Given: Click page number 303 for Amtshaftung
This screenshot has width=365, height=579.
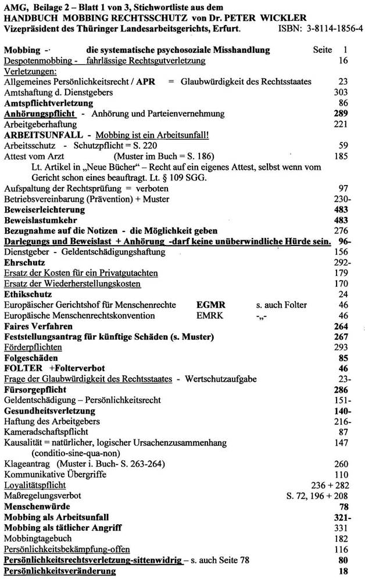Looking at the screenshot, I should click(341, 92).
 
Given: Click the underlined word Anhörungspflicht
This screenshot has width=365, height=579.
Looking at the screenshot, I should click(39, 113).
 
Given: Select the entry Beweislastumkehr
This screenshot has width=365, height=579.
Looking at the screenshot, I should click(41, 221).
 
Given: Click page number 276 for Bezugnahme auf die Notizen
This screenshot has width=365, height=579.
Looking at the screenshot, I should click(341, 231).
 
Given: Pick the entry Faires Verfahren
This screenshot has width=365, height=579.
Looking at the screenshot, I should click(39, 326).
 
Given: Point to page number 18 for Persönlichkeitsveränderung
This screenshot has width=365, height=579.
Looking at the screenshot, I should click(343, 571).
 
